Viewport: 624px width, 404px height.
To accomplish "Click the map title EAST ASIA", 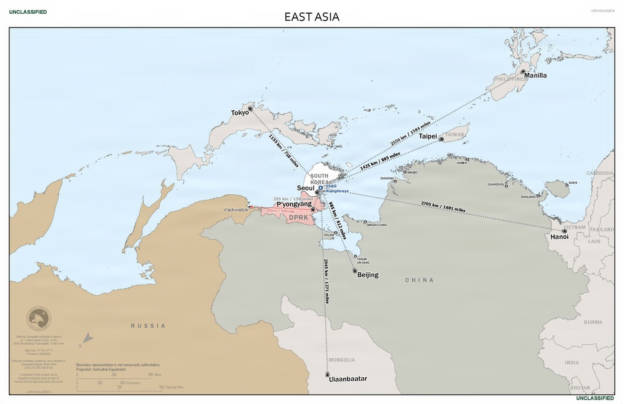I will point(312,17).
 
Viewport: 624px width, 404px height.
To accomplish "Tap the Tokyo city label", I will point(240,113).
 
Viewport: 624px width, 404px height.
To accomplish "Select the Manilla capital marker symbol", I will point(522,72).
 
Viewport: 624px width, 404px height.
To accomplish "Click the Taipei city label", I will point(427,135).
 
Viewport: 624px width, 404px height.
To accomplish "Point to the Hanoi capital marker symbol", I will point(564,231).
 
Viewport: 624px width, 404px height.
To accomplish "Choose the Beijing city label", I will point(368,275).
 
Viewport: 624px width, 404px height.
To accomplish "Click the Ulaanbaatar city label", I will point(348,379).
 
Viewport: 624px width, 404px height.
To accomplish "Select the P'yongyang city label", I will point(294,204).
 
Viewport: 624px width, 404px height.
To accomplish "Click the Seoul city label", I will point(306,188).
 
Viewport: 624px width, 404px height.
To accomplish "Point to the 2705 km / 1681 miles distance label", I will point(442,207).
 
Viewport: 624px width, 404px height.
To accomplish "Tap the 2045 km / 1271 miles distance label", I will point(326,281).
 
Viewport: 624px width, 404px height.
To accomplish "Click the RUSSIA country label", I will point(148,325).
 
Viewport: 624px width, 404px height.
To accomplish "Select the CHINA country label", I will point(419,280).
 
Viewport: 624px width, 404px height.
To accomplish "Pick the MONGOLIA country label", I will point(341,360).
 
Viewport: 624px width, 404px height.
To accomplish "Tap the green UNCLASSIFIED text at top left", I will point(27,12).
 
